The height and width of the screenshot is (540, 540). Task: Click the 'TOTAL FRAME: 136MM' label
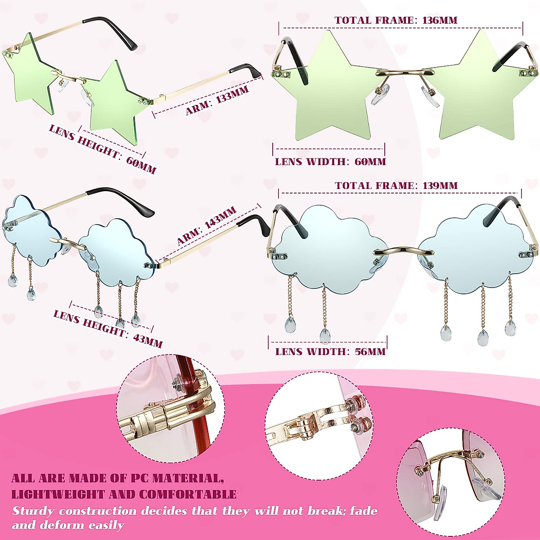click(396, 20)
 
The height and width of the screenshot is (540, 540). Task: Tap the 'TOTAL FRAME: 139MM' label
click(396, 185)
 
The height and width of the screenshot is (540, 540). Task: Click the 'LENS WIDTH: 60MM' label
click(330, 162)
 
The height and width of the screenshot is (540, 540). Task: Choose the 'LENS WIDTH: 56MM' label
click(330, 351)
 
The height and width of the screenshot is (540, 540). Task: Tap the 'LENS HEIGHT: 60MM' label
click(102, 148)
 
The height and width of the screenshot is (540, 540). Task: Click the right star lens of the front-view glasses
click(475, 90)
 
